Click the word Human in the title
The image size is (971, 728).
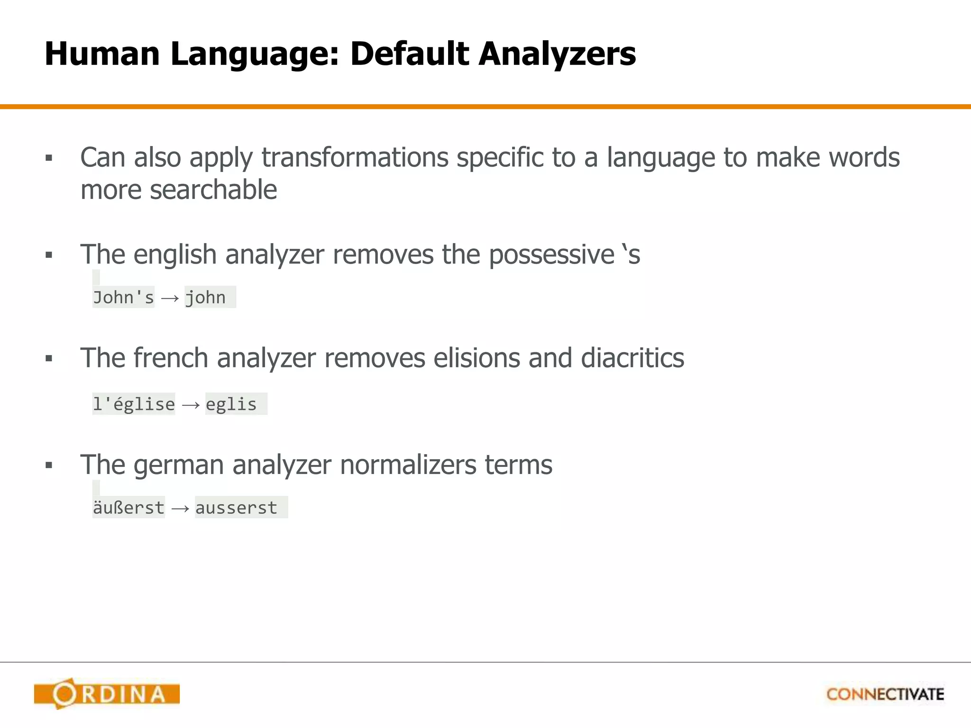pyautogui.click(x=102, y=54)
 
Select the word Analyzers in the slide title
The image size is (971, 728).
pyautogui.click(x=557, y=54)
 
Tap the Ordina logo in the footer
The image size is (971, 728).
pyautogui.click(x=107, y=694)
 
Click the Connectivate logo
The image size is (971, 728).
pyautogui.click(x=885, y=694)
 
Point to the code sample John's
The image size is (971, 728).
pyautogui.click(x=123, y=298)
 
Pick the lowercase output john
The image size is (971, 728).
pyautogui.click(x=206, y=298)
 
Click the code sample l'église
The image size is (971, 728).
pyautogui.click(x=134, y=404)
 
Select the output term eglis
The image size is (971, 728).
pyautogui.click(x=231, y=404)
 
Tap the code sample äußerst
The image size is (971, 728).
pyautogui.click(x=128, y=508)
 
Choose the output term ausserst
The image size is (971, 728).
pyautogui.click(x=236, y=508)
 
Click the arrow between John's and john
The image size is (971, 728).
pyautogui.click(x=170, y=298)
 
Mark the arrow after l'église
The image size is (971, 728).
pyautogui.click(x=191, y=405)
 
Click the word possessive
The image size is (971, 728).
pyautogui.click(x=551, y=255)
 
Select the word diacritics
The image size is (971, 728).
pyautogui.click(x=632, y=358)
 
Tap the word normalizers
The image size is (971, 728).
pyautogui.click(x=408, y=464)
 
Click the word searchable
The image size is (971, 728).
pyautogui.click(x=213, y=190)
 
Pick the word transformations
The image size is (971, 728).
pyautogui.click(x=355, y=157)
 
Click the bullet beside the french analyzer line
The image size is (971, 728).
pyautogui.click(x=49, y=359)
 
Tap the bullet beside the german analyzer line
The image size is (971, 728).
pyautogui.click(x=49, y=465)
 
